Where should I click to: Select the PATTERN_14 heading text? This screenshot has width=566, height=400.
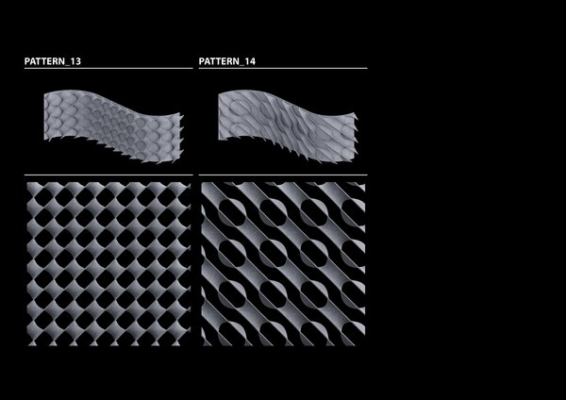coord(227,62)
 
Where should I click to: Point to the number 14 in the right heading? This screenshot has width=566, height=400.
coord(251,62)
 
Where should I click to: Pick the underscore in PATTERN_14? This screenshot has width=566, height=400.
coord(241,64)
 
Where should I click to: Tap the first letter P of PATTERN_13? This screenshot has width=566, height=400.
coord(27,62)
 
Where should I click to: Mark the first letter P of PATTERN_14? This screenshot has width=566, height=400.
coord(202,62)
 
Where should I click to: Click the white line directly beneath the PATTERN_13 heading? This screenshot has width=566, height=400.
coord(108,69)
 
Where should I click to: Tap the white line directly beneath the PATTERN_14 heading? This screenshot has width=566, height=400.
coord(283,69)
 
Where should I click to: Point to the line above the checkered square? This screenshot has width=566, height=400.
coord(108,175)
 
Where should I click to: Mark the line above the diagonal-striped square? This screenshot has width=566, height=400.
coord(283,175)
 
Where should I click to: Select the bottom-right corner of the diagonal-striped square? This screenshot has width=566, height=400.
coord(364,345)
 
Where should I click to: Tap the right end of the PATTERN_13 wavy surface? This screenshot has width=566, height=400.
coord(181,117)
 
